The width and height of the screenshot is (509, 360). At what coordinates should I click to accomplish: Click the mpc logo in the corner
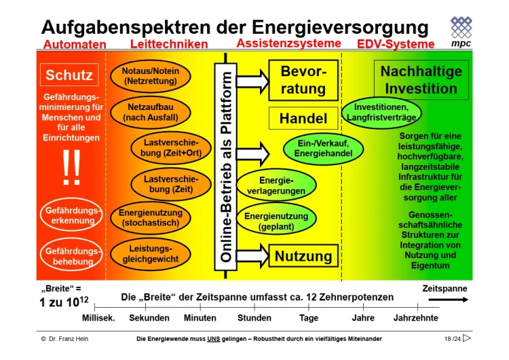click(461, 32)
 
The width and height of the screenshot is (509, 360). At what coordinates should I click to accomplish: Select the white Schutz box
click(69, 75)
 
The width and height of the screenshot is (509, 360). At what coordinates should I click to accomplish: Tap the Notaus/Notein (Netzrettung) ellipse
click(151, 76)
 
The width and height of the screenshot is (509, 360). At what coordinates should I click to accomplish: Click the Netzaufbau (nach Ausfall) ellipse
click(151, 112)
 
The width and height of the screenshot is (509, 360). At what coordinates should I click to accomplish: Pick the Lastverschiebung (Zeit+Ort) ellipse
click(171, 147)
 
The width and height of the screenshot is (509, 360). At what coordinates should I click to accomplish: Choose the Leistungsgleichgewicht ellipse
click(151, 254)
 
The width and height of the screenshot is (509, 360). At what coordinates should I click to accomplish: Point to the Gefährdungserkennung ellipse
click(71, 215)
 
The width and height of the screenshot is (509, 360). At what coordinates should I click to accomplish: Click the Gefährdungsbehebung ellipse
click(71, 255)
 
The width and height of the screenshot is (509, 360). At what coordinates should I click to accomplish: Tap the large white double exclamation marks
click(71, 167)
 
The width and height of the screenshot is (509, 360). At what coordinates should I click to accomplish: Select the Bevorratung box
click(303, 80)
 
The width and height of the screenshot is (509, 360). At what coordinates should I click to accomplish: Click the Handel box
click(303, 118)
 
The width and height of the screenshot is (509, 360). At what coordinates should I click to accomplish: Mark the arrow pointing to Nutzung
click(252, 255)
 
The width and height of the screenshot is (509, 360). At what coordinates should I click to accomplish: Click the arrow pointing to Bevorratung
click(252, 81)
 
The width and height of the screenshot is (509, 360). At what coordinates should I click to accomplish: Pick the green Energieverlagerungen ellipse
click(276, 185)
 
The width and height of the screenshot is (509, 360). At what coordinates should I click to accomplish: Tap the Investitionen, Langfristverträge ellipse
click(381, 113)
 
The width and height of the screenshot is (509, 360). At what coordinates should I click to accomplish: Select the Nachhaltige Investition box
click(421, 79)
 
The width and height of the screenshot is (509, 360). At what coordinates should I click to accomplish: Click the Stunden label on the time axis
click(254, 318)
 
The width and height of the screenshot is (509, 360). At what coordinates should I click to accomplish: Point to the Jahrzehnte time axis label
click(416, 318)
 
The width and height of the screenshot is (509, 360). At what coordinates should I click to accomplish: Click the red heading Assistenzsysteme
click(288, 43)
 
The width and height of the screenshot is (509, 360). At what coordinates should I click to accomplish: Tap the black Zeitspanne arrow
click(449, 300)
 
